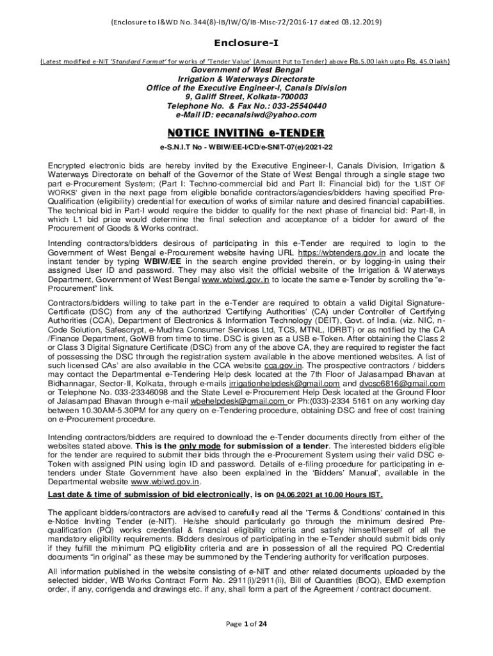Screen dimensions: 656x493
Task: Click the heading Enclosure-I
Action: (x=246, y=44)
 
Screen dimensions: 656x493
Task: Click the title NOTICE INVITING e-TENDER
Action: (x=246, y=133)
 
